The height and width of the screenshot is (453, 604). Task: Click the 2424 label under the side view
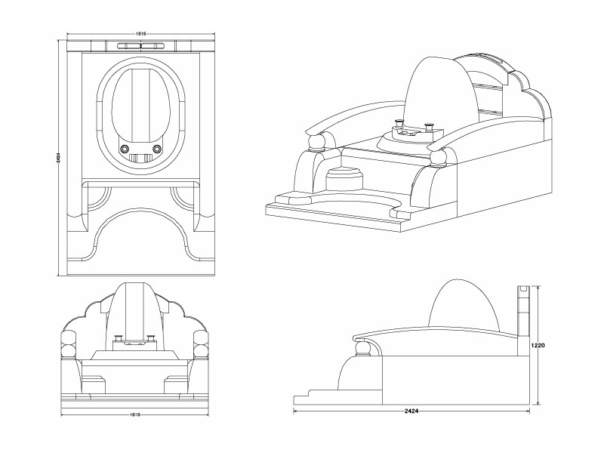point(411,411)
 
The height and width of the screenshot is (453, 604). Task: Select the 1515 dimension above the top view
point(141,34)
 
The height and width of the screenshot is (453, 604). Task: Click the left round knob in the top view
point(124,149)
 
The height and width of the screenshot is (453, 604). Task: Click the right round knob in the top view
point(158,149)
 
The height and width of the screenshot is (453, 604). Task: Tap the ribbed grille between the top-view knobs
point(140,159)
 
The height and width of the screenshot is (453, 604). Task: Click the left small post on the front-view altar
point(117,339)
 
